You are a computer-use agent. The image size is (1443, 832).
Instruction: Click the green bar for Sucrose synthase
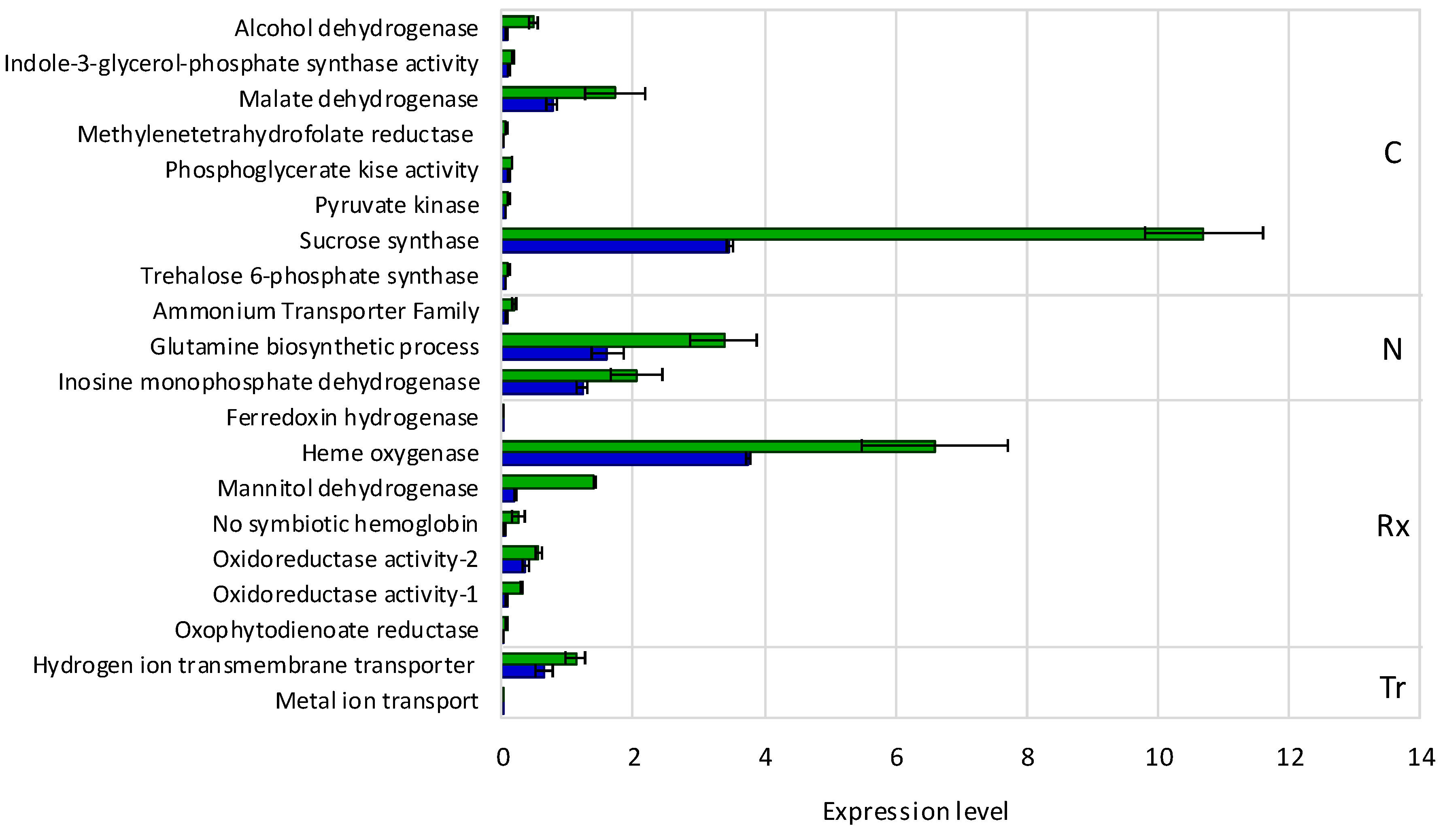852,234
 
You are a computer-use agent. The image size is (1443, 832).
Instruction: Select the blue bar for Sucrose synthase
616,246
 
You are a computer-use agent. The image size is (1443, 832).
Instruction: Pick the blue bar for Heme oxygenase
625,459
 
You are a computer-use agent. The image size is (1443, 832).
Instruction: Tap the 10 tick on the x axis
1159,758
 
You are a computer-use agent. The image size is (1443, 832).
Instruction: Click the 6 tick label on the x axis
896,758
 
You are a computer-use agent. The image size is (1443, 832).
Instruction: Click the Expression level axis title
915,811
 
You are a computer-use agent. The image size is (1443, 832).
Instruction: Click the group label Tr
1392,688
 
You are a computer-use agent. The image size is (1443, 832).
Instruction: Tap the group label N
1392,349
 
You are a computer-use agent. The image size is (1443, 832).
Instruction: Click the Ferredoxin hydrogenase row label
352,418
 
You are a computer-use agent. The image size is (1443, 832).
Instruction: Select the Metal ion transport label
376,700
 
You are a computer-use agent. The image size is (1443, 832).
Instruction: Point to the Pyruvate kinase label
397,205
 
